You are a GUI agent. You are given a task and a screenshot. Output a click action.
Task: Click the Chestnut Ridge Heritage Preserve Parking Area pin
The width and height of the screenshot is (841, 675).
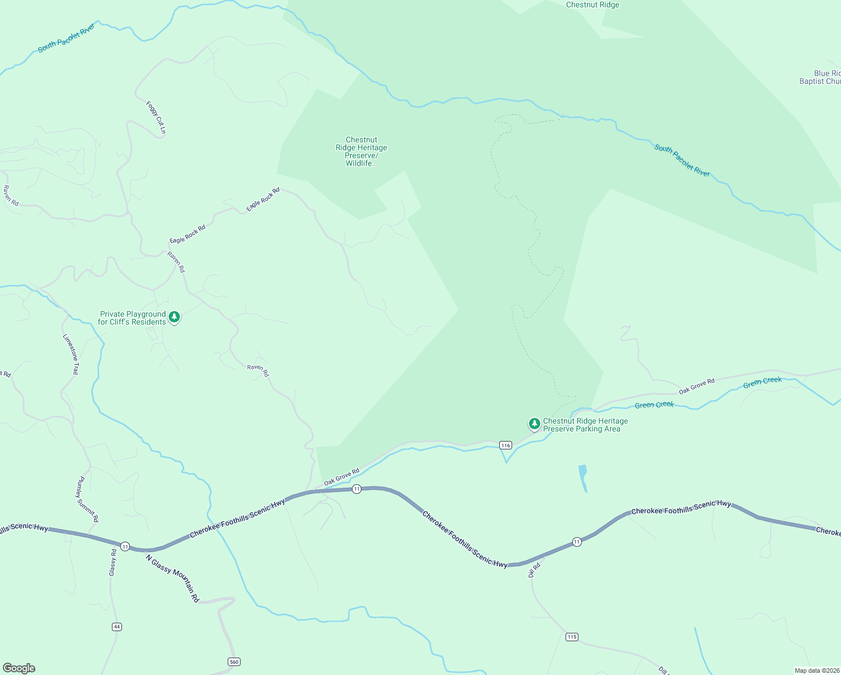[x=534, y=424]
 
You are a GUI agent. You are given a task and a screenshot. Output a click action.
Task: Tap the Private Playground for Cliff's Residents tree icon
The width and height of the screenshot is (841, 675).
[x=174, y=317]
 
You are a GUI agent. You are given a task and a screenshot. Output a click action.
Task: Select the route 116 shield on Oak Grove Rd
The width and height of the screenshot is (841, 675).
[x=505, y=445]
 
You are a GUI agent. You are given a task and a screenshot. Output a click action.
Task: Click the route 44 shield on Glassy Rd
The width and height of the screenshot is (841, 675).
[x=116, y=627]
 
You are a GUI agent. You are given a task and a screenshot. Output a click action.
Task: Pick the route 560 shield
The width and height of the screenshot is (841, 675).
[x=234, y=661]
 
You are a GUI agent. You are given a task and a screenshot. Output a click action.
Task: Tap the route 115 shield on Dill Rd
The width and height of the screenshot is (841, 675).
[x=572, y=637]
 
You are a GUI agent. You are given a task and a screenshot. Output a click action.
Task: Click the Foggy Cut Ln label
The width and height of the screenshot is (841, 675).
[x=156, y=118]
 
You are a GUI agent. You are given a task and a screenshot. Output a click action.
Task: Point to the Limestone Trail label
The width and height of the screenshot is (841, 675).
[x=71, y=354]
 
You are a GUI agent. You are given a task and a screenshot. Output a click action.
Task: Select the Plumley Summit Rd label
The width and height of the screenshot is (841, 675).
[x=88, y=499]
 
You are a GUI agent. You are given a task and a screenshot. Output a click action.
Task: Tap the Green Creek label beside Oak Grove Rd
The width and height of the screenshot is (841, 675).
[x=654, y=405]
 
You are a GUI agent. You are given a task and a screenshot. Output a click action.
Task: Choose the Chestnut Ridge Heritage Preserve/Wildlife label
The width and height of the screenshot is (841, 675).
[x=361, y=151]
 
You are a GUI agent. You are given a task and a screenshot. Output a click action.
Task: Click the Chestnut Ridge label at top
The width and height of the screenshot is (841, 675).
[x=593, y=5]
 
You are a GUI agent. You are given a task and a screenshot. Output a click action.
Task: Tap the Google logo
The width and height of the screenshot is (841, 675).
[x=19, y=668]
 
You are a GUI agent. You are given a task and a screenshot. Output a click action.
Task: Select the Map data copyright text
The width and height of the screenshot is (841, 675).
[x=816, y=670]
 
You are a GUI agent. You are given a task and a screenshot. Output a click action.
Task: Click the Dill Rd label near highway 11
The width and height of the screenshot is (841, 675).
[x=534, y=570]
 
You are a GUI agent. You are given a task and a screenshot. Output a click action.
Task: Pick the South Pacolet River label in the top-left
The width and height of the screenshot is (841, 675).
[x=66, y=38]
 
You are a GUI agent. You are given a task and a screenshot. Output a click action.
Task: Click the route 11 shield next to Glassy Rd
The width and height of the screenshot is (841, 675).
[x=125, y=546]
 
